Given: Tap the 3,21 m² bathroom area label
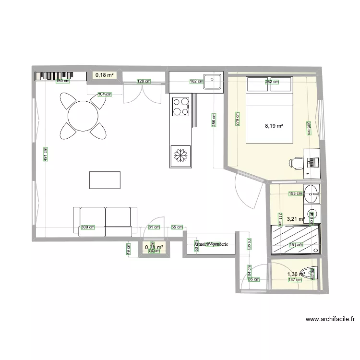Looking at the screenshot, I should tap(296, 219).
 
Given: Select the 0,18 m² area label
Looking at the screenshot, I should tap(104, 75).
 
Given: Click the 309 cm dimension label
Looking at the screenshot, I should tap(87, 228).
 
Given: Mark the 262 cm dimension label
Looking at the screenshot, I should tap(272, 82).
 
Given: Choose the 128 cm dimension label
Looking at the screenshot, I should tap(144, 82).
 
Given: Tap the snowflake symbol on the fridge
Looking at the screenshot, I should tap(181, 156).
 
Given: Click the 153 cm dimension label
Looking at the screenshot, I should tap(295, 194).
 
